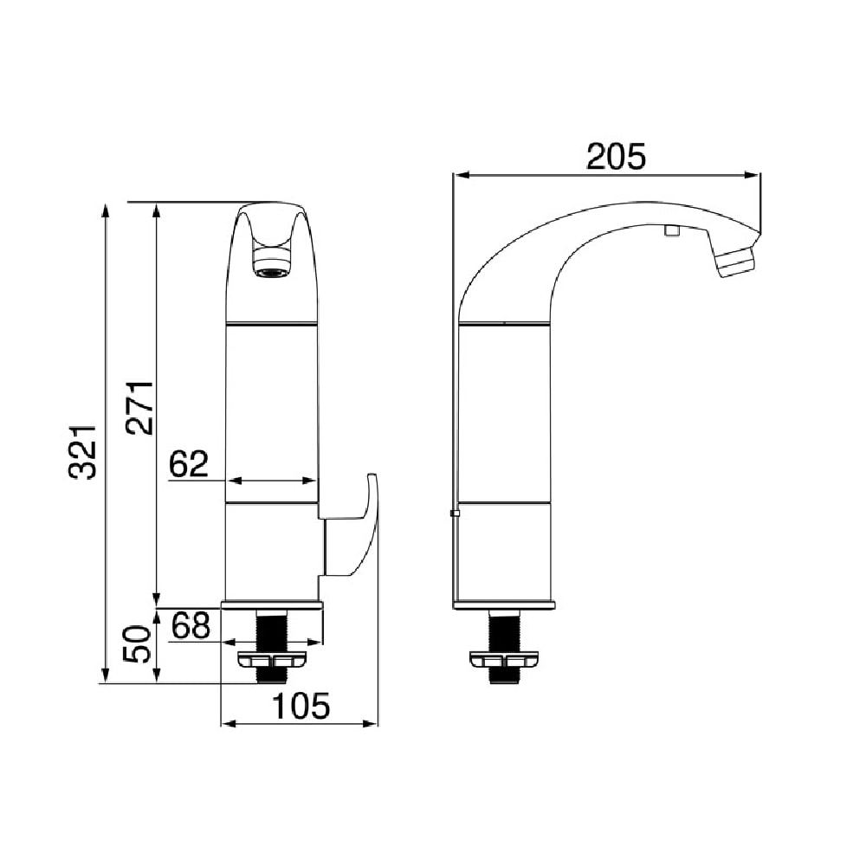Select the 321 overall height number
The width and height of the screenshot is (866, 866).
click(83, 451)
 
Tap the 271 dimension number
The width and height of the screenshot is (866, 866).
click(139, 407)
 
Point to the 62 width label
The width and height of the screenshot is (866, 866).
click(189, 463)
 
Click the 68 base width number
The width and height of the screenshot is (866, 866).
click(191, 626)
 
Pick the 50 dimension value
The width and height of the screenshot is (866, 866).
click(137, 644)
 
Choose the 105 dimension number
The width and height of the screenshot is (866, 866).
click(301, 706)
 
